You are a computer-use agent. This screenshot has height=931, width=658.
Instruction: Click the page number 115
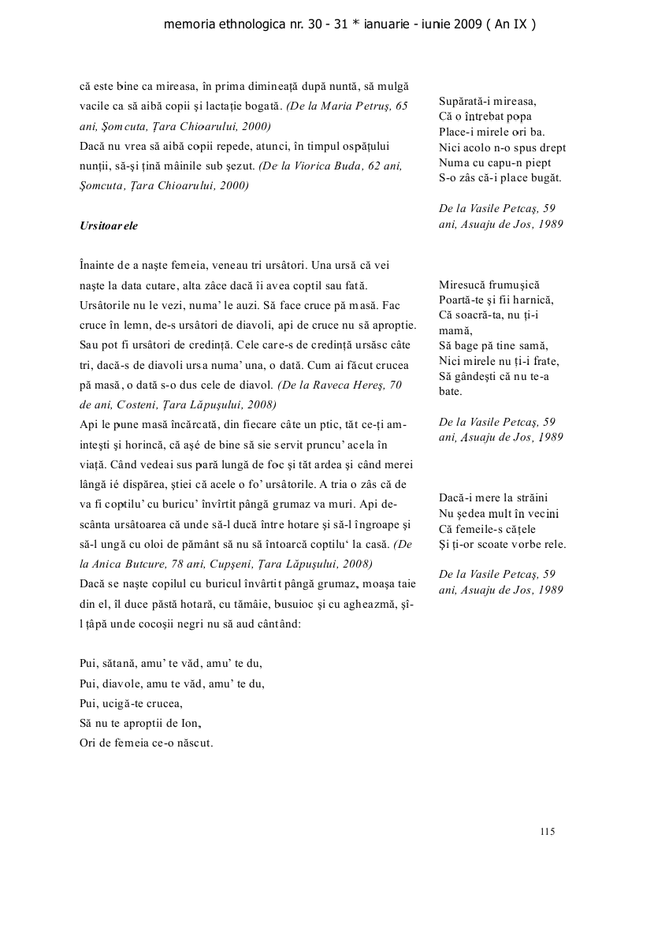pos(548,831)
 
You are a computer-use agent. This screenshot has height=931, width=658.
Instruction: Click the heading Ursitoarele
pos(109,225)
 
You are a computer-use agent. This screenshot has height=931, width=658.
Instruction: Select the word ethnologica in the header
pos(245,24)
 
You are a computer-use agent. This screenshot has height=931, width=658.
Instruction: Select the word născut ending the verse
pos(193,743)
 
